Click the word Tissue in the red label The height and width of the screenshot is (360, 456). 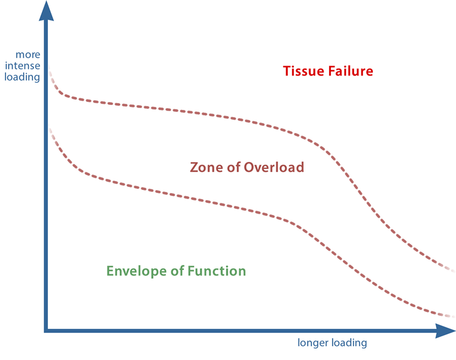[x=304, y=71]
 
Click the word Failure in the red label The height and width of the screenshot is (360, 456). [x=350, y=71]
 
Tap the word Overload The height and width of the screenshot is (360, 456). [x=274, y=168]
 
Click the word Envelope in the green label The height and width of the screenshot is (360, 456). [x=137, y=271]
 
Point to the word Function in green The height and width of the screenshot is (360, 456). [x=217, y=271]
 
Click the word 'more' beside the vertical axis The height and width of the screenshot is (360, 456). [x=28, y=55]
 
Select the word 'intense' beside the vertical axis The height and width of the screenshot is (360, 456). [x=22, y=66]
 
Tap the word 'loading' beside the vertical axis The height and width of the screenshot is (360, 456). [x=22, y=77]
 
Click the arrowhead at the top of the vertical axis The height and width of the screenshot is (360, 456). [x=46, y=11]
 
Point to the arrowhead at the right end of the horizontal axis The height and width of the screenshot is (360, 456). [x=445, y=331]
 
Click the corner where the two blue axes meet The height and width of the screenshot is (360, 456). [x=46, y=331]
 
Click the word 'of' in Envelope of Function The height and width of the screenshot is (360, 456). [x=177, y=271]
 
